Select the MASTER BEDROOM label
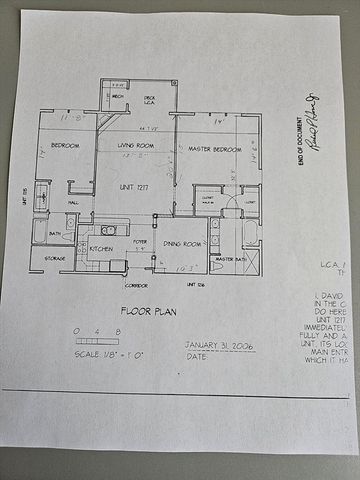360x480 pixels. [x=213, y=149]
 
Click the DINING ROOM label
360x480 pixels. [x=184, y=243]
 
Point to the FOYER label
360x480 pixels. [x=140, y=241]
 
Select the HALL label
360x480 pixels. [x=73, y=203]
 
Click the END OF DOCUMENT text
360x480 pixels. [x=301, y=143]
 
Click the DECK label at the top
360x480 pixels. [x=149, y=88]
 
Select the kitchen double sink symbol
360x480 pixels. [x=108, y=230]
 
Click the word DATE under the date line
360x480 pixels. [x=196, y=356]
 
